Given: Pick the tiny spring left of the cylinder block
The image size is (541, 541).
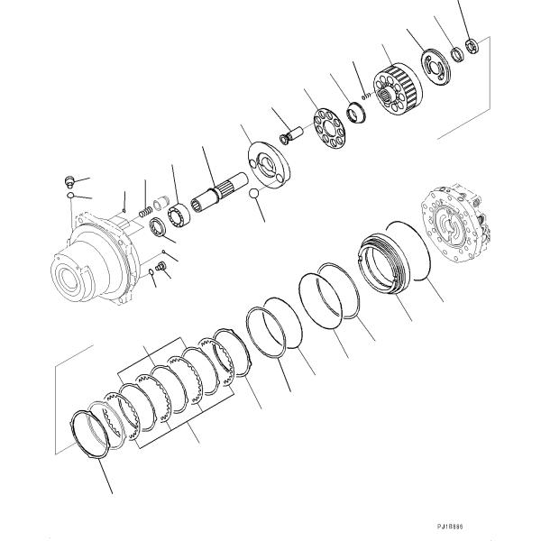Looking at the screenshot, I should (365, 94).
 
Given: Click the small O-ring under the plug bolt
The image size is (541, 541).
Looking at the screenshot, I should (69, 194).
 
